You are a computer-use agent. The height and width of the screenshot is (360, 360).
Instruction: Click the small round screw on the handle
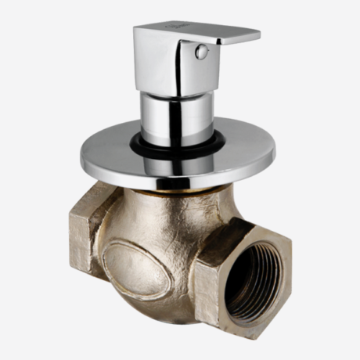point(202,52)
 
